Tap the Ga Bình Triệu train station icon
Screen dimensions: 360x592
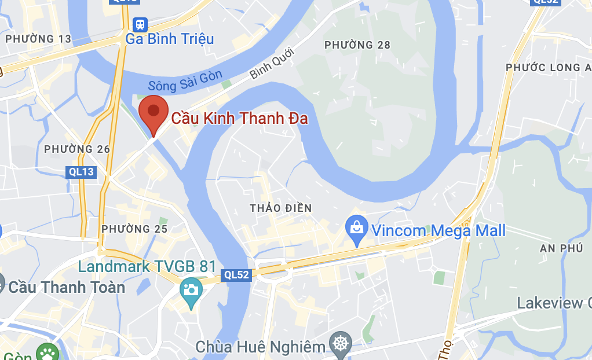[140, 24]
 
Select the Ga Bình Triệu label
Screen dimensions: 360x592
[170, 39]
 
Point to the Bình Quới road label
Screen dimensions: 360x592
[272, 64]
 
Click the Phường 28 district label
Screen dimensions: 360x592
[357, 45]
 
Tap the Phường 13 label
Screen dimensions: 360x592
[38, 39]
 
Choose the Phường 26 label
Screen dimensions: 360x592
[77, 149]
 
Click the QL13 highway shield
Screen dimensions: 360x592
[81, 171]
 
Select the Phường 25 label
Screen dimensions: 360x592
[134, 229]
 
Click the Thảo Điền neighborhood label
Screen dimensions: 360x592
[281, 208]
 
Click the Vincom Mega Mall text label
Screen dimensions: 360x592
[438, 231]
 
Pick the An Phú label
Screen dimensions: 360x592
[560, 248]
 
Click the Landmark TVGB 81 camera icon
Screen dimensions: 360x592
[191, 288]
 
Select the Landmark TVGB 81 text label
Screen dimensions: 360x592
[147, 267]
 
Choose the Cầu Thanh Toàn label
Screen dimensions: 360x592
[67, 287]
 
